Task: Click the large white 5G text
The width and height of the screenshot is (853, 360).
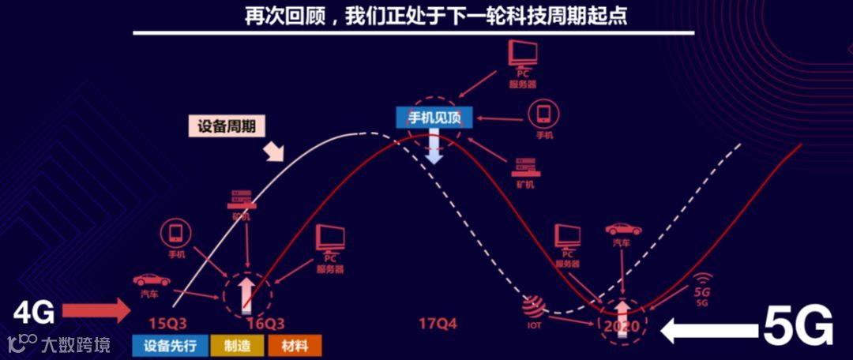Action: click(799, 326)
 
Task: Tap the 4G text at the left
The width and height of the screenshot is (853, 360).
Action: click(34, 314)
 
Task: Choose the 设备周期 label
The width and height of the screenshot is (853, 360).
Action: click(226, 126)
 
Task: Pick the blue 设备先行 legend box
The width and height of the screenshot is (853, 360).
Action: click(176, 345)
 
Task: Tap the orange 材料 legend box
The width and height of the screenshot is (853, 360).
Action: click(295, 345)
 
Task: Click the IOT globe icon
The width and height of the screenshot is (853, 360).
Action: click(535, 303)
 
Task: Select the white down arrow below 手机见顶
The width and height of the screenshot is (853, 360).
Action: click(434, 147)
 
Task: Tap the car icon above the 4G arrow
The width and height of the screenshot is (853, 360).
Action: click(151, 279)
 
